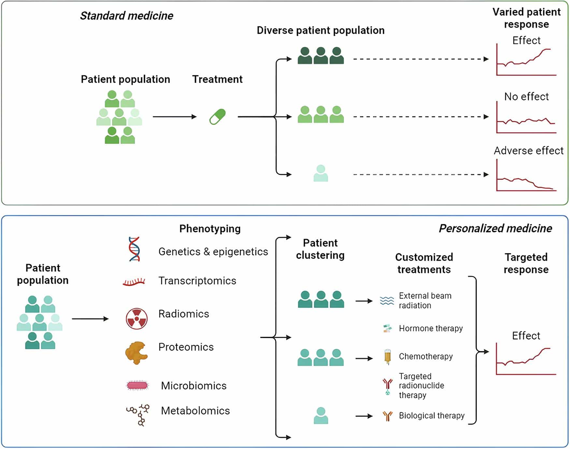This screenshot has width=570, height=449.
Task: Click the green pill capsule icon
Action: (x=217, y=116)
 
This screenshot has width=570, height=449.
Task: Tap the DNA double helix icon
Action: (x=134, y=249)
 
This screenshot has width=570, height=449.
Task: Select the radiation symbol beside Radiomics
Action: (x=136, y=319)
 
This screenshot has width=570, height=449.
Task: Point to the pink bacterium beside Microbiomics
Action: (x=137, y=386)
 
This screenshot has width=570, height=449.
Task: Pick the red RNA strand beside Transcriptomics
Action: (x=134, y=282)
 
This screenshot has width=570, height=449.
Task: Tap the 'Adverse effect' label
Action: (x=528, y=151)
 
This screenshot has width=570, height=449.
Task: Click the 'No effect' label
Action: (x=526, y=97)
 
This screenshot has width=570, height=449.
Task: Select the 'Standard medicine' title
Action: (x=126, y=16)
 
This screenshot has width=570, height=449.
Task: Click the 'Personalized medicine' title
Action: (x=495, y=228)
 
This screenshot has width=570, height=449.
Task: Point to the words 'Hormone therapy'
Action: (x=431, y=328)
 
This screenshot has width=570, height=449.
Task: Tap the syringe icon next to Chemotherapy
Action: (x=387, y=357)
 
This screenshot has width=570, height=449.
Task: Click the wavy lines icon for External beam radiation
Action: (x=387, y=301)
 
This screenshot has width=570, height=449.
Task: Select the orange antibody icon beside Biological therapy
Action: (x=387, y=416)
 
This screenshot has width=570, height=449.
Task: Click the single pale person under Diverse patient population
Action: (x=321, y=173)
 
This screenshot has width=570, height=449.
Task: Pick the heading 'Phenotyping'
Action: (x=210, y=229)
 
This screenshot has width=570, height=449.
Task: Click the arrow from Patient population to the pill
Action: (x=175, y=116)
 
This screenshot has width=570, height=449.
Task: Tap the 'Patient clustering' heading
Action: (x=320, y=249)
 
